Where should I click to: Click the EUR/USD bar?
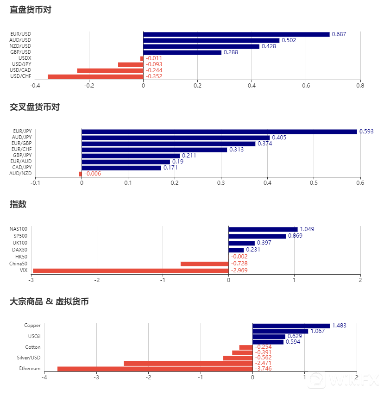(236, 34)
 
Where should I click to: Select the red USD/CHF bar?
(95, 76)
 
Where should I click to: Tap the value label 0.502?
(289, 40)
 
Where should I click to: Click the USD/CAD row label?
(22, 70)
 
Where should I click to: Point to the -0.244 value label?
(154, 70)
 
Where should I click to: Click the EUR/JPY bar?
(219, 132)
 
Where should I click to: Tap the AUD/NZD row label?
(21, 174)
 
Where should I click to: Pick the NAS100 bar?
(263, 229)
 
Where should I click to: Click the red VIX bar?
(131, 270)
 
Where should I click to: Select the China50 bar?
(204, 264)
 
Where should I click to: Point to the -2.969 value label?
(240, 270)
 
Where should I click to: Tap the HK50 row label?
(21, 257)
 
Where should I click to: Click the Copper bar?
(291, 326)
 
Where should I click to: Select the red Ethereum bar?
(155, 369)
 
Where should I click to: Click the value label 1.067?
(318, 331)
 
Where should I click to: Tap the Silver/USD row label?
(28, 358)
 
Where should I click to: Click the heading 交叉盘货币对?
(35, 107)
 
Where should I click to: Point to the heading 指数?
(18, 204)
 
